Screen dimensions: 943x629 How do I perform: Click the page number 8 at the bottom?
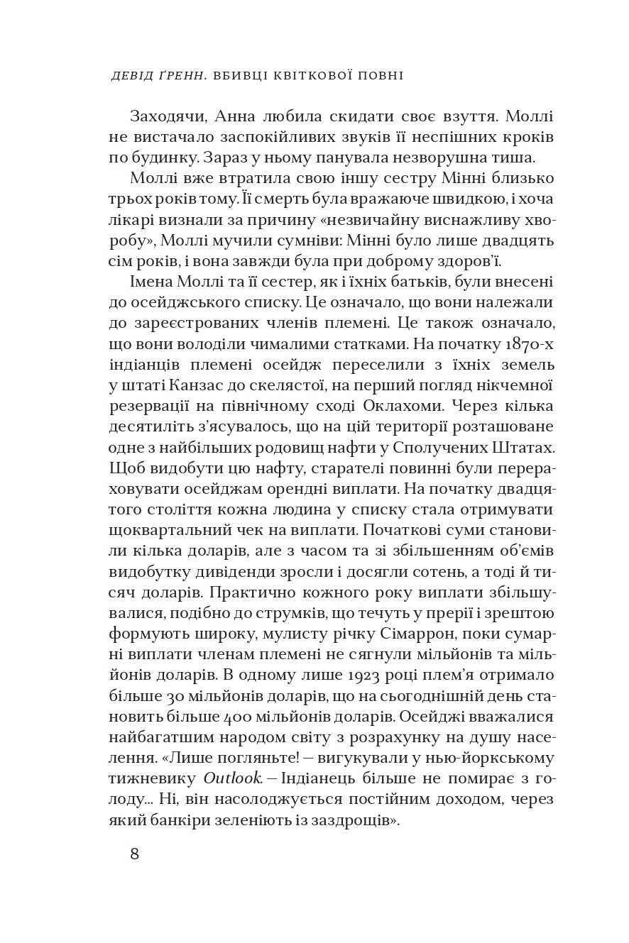pos(134,854)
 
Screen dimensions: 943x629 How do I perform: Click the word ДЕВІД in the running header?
pos(131,76)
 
